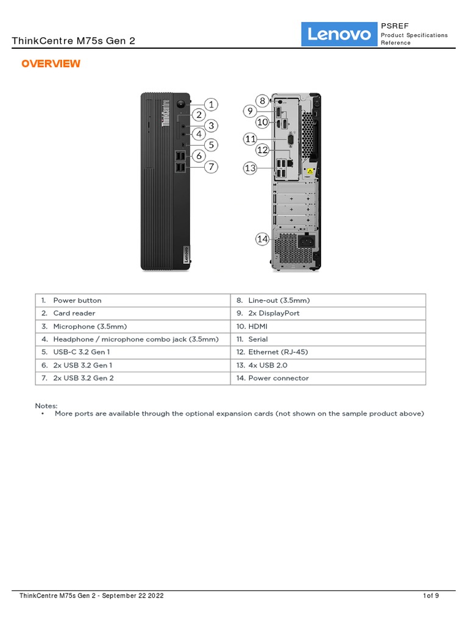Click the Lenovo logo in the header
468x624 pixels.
[x=339, y=35]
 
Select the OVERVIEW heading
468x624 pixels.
[x=51, y=64]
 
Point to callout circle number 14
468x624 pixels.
[x=262, y=239]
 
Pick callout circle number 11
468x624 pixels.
[x=250, y=139]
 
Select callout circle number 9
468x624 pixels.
[x=249, y=110]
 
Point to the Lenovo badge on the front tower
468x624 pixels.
[x=185, y=255]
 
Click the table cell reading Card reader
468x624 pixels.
[x=74, y=313]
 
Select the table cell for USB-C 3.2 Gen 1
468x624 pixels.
[x=82, y=352]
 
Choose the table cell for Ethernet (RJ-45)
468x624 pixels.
[x=275, y=352]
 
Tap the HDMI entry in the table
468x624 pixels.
[x=258, y=327]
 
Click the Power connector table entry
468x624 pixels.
[x=278, y=378]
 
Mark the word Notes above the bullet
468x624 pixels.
[x=46, y=405]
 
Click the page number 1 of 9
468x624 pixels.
[x=431, y=595]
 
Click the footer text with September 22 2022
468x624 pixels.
[x=91, y=595]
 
